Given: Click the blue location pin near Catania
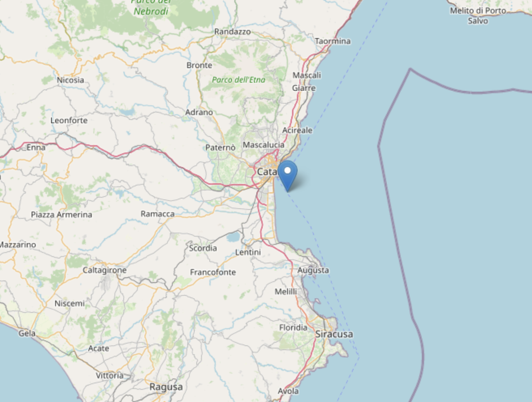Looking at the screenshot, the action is [x=287, y=173].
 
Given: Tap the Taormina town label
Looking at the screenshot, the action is [x=332, y=41].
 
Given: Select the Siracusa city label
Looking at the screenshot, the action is [x=334, y=334].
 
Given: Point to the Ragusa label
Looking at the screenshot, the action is [x=166, y=387].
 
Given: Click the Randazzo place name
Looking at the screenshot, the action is [x=232, y=32].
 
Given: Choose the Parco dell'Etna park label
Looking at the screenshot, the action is [x=238, y=80].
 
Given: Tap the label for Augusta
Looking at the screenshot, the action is [x=313, y=270].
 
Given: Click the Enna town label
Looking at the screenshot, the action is [x=36, y=148].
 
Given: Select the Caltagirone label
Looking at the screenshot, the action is [x=105, y=270].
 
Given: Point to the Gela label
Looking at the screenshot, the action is [x=27, y=334].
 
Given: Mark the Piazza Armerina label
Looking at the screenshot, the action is [x=62, y=215].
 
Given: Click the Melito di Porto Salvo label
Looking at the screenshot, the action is [x=478, y=15].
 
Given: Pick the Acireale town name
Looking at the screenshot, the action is [x=297, y=130].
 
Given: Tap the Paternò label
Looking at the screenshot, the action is [x=220, y=148].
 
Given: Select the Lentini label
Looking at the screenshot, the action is [x=248, y=252].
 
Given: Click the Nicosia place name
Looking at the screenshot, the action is [x=71, y=80].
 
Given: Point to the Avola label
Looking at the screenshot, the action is [x=288, y=391].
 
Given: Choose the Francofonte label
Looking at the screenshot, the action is [x=213, y=272].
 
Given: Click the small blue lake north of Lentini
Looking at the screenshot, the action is [x=233, y=237].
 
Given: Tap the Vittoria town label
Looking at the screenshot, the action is [x=109, y=375].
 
